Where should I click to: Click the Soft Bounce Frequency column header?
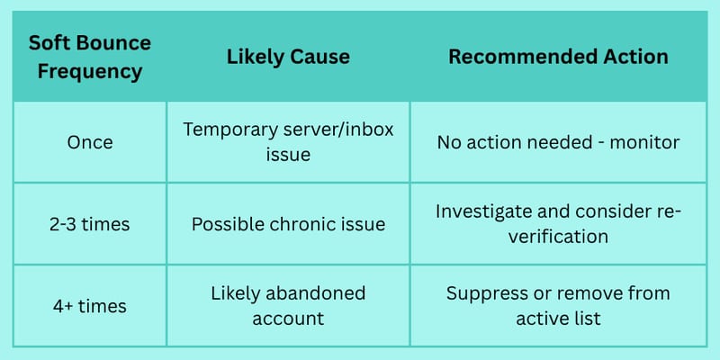pos(89,58)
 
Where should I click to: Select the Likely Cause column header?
pos(288,57)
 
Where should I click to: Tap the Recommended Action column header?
pos(558,57)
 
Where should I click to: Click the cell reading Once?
pos(90,142)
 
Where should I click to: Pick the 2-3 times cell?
pos(90,224)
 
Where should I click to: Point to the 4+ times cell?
pos(90,306)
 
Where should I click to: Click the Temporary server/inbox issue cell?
pos(288,142)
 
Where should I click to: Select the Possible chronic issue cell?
pos(288,224)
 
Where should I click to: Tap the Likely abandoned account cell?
pos(288,306)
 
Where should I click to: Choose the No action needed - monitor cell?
pos(558,142)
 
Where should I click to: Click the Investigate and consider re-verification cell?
pos(558,224)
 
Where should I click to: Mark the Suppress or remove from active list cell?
pos(558,306)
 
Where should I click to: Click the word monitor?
pos(644,142)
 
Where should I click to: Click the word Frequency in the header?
pos(89,72)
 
